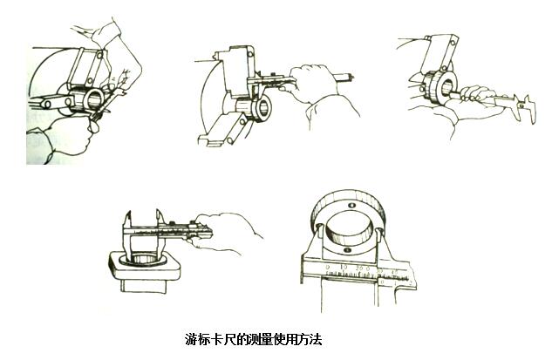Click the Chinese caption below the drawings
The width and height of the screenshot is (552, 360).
click(x=254, y=337)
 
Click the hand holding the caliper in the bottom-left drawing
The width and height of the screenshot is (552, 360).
click(x=229, y=230)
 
